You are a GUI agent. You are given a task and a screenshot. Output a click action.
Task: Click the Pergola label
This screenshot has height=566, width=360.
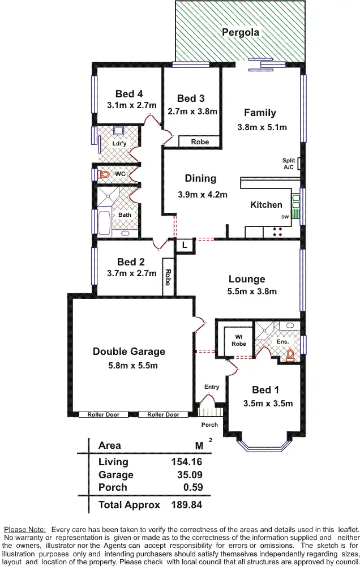241,32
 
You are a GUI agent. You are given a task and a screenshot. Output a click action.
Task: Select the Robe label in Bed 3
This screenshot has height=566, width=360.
200,142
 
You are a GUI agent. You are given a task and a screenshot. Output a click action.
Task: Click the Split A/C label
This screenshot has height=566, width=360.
289,164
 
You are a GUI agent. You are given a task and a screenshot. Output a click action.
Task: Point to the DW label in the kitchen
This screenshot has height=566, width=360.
284,217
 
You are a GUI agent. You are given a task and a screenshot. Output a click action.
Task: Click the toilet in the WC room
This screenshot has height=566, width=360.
104,175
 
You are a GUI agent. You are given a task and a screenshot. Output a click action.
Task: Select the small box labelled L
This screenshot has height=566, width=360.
185,245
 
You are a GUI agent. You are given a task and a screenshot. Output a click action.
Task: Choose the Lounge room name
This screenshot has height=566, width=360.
247,279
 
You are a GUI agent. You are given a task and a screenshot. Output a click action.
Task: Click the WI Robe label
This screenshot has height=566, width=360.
239,340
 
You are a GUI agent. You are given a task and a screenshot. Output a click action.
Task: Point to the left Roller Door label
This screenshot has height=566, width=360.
103,415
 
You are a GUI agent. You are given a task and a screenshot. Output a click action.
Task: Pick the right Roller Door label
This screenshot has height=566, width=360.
163,415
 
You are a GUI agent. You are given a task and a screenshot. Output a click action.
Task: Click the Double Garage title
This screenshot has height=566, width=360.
129,351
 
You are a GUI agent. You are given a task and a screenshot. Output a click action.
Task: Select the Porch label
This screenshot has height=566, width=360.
210,424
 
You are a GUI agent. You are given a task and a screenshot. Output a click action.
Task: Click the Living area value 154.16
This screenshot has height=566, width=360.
187,462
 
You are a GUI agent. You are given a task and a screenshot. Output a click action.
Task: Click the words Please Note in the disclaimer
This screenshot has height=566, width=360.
24,528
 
